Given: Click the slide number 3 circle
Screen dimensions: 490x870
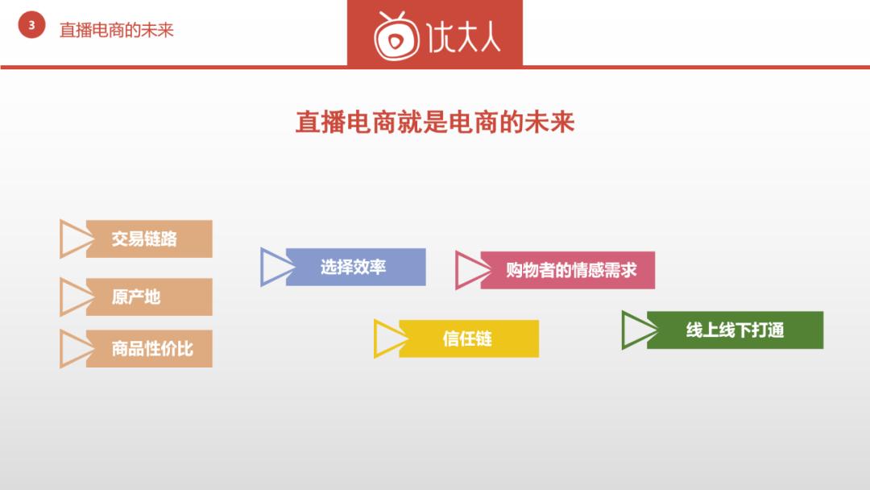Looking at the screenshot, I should click(31, 26).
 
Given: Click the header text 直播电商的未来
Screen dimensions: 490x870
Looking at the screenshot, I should click(116, 30).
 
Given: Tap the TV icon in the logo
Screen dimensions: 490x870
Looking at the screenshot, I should click(392, 35).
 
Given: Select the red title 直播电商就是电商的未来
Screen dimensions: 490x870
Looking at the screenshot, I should click(435, 122).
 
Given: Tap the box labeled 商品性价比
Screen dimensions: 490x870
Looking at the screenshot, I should click(150, 349).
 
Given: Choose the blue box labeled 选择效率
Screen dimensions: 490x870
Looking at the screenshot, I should click(355, 267).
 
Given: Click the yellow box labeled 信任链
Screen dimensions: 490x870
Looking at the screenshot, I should click(468, 338).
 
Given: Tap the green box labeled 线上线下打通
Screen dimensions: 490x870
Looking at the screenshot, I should click(734, 330).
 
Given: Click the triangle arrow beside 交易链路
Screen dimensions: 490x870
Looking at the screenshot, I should click(73, 239).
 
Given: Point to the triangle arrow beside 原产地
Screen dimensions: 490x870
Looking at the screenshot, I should click(73, 297).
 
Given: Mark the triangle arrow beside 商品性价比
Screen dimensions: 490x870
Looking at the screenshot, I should click(73, 349).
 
